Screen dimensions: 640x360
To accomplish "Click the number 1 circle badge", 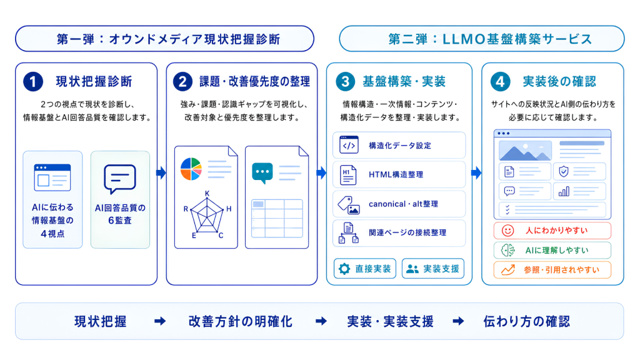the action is [33, 82].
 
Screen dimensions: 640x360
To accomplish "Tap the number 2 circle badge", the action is [182, 82].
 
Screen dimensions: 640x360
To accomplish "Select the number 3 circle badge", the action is [345, 82].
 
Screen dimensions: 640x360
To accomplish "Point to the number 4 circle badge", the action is [501, 82].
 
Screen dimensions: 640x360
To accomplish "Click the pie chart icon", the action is [191, 169].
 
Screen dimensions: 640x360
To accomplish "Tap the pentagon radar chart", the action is [207, 215].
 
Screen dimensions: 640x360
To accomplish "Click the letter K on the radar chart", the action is [207, 193].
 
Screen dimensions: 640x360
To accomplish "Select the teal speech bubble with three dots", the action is [262, 173].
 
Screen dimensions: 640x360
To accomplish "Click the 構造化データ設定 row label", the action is [400, 146].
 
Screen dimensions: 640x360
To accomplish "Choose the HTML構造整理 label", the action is [396, 175].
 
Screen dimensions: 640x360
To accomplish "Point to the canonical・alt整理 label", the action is [403, 204].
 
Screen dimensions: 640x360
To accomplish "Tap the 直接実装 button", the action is [365, 269].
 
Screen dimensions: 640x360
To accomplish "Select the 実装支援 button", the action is [433, 269].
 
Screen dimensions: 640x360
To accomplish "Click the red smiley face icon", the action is [507, 231].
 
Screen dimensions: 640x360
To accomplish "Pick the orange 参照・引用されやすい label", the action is [562, 270].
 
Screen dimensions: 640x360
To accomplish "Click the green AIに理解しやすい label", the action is [557, 250].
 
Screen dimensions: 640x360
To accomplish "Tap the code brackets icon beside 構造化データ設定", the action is [349, 145].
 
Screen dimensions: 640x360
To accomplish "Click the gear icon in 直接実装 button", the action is [344, 269].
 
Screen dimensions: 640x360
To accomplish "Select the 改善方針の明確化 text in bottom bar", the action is [241, 322].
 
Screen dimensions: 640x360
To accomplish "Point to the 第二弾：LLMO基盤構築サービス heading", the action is [490, 39].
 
